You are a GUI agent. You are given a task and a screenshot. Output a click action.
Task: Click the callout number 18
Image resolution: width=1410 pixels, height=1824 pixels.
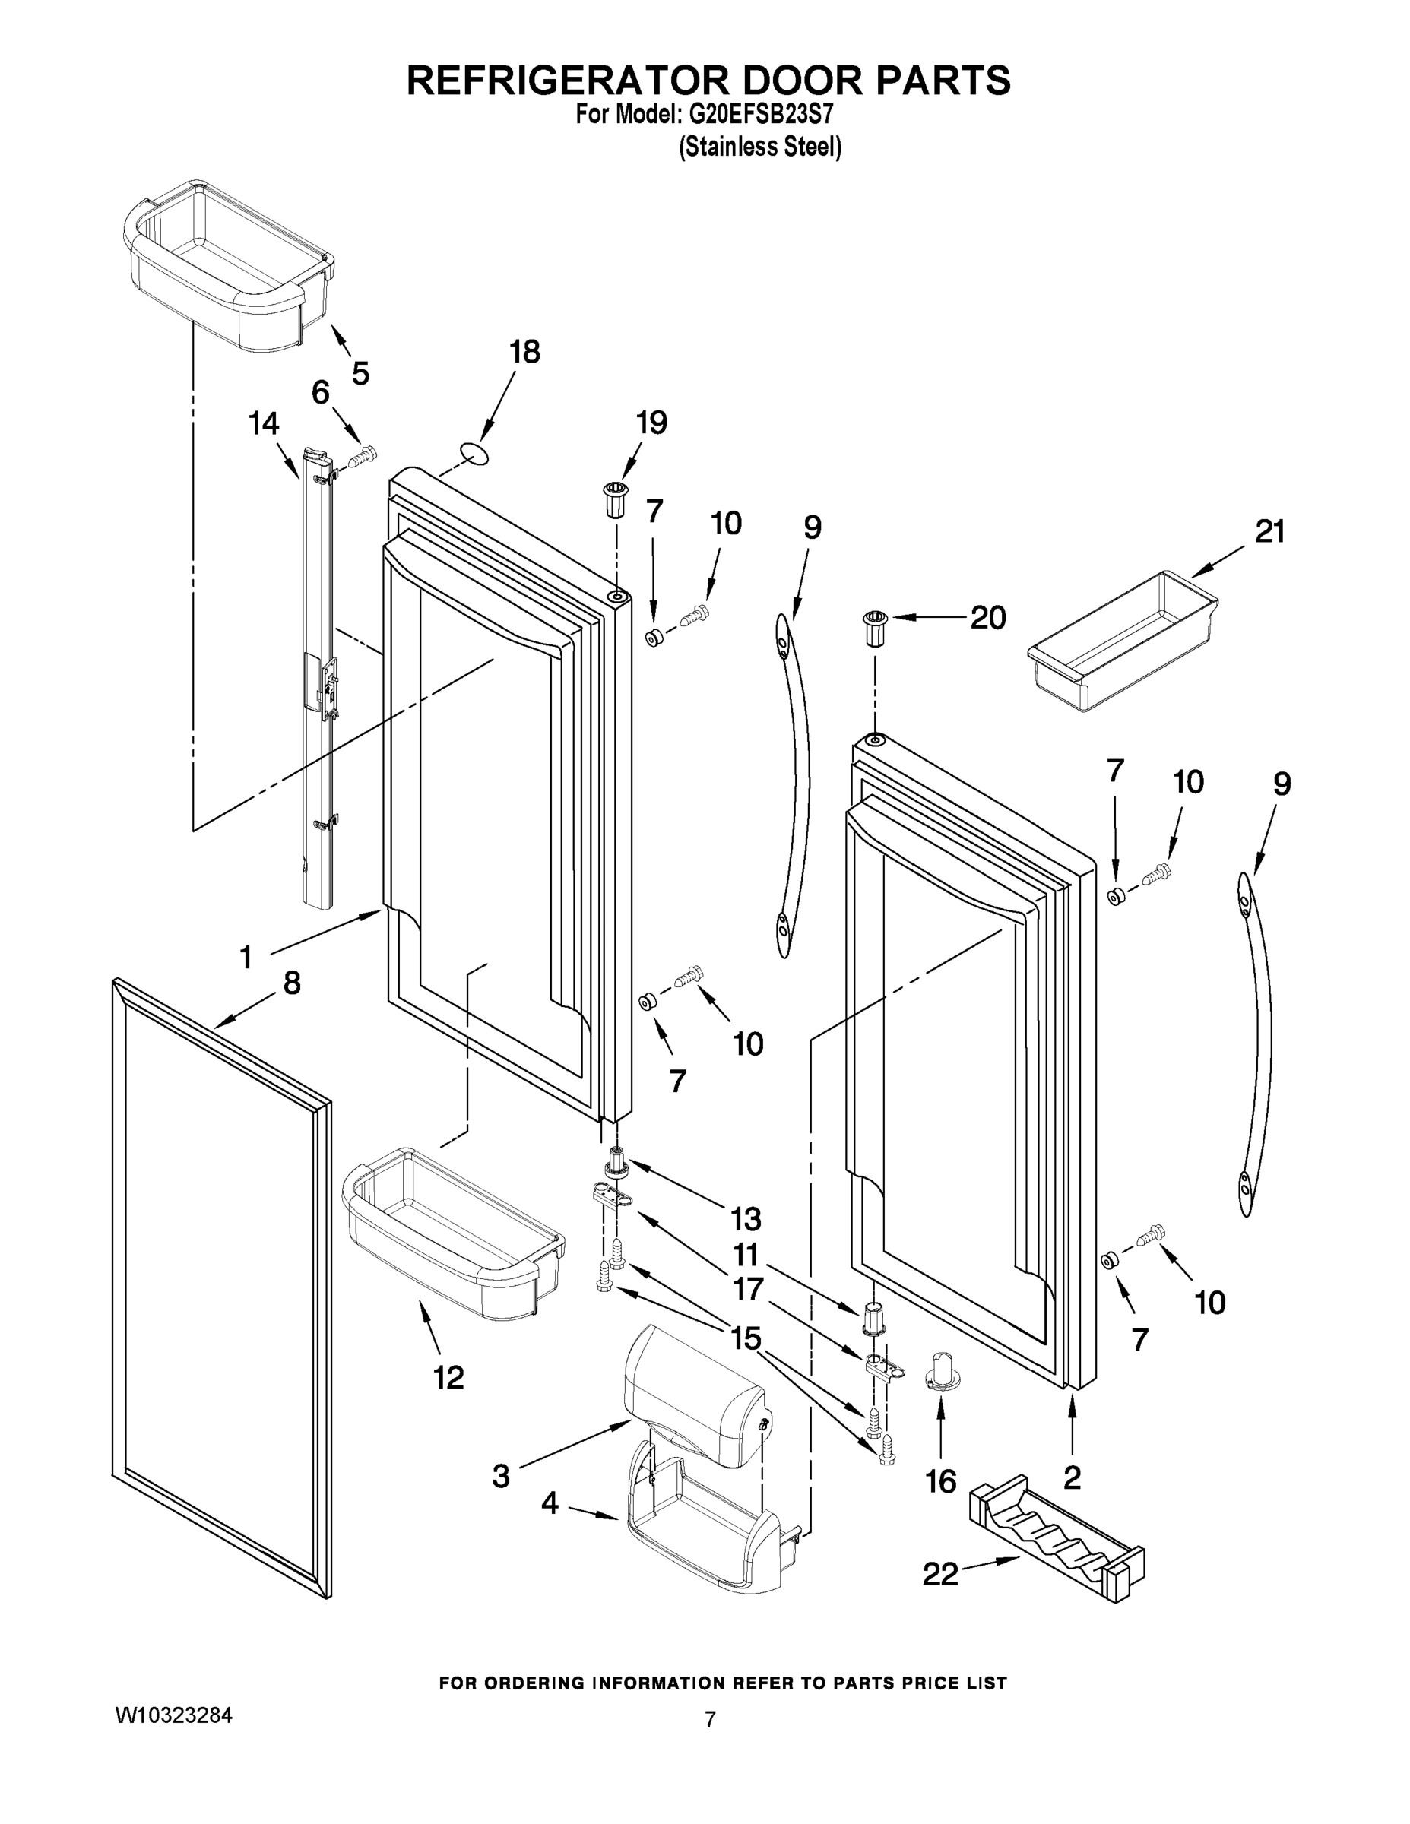(x=524, y=353)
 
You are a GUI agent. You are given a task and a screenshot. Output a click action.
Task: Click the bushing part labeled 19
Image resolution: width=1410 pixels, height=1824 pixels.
(x=615, y=499)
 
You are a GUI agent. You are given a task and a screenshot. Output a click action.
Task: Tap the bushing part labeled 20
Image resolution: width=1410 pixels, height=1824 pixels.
(x=875, y=627)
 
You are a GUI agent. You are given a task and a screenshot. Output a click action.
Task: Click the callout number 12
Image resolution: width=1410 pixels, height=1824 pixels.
(x=448, y=1377)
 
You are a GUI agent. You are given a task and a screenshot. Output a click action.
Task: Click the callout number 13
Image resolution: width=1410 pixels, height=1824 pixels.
(x=746, y=1218)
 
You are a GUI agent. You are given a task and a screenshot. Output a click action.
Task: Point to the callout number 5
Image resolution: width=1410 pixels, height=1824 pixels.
(x=360, y=373)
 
